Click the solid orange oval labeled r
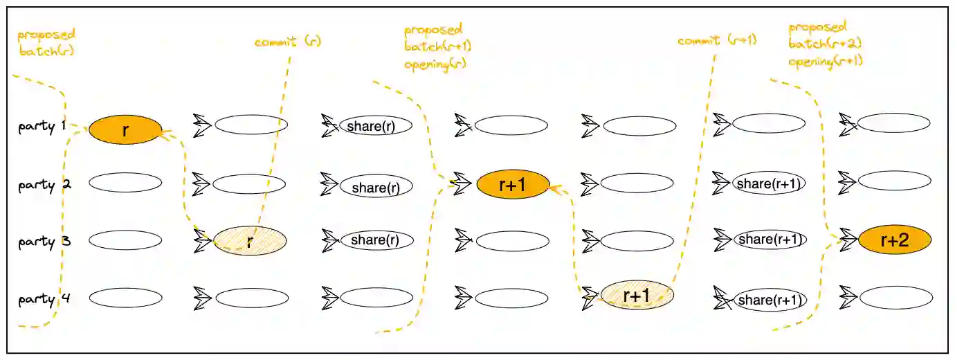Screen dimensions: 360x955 [125, 130]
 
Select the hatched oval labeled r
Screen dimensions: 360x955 [250, 241]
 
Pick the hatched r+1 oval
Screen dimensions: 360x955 [637, 295]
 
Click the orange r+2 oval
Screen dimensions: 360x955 [895, 240]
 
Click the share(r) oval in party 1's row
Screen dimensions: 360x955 [376, 125]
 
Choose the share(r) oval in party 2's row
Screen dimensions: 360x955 [376, 186]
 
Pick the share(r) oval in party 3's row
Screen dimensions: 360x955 [376, 240]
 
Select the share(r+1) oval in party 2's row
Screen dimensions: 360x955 [769, 184]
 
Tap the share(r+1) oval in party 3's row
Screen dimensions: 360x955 [770, 240]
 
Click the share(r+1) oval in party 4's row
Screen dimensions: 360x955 [770, 300]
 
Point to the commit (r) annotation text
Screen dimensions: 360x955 [288, 42]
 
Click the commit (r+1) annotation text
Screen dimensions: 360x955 [717, 41]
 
